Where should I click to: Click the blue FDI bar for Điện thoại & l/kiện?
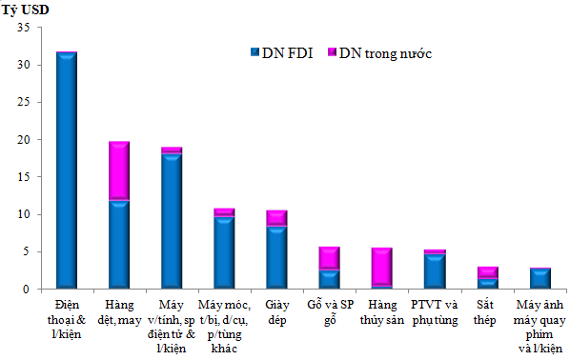tap(67, 171)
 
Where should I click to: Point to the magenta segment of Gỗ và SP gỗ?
tap(328, 258)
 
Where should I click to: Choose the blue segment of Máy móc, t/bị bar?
tap(224, 253)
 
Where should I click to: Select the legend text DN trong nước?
tap(386, 52)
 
